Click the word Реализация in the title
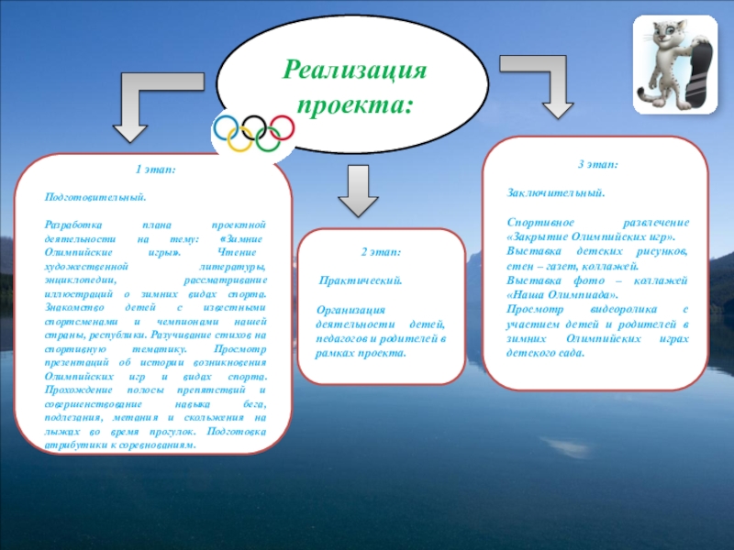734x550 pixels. coord(355,69)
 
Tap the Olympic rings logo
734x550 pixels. coord(253,132)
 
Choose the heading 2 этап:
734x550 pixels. coord(380,252)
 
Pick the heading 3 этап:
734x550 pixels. coord(597,164)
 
